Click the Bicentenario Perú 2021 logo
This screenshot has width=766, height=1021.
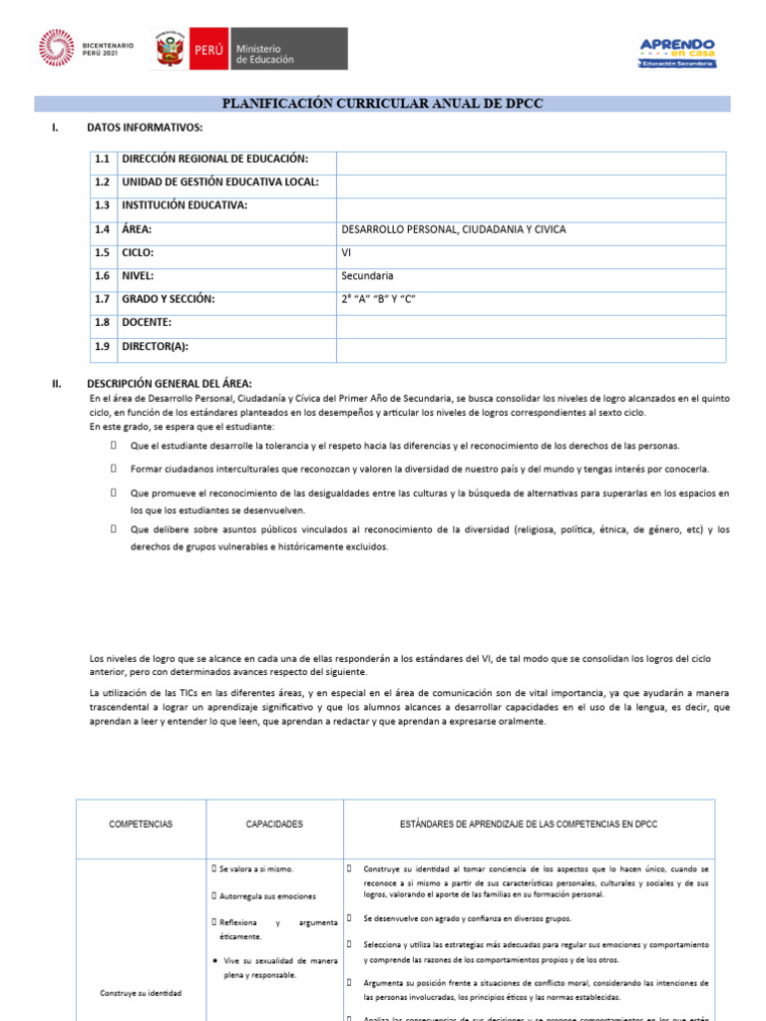[x=86, y=49]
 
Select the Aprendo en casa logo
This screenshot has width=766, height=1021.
[x=676, y=53]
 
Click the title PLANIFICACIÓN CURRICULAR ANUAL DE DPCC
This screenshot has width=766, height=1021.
[x=383, y=104]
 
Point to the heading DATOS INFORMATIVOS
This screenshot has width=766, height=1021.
[x=145, y=128]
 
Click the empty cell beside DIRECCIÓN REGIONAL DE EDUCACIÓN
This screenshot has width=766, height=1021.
[x=531, y=160]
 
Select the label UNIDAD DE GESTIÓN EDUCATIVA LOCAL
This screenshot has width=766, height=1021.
[x=219, y=182]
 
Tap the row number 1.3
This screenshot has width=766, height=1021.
[x=102, y=205]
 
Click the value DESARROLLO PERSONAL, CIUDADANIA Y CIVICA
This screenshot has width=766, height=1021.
[x=453, y=229]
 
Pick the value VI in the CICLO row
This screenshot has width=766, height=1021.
[x=347, y=252]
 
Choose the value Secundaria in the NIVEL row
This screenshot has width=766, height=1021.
[x=367, y=276]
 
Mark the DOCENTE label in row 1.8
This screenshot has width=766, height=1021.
[x=147, y=322]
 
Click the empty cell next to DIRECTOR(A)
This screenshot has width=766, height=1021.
[x=531, y=347]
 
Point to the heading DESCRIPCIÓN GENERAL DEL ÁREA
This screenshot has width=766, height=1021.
[x=170, y=384]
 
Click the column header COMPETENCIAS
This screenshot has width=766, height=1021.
[x=141, y=825]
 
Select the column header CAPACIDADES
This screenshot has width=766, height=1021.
[x=274, y=825]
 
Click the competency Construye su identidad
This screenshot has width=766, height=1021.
[x=141, y=993]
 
